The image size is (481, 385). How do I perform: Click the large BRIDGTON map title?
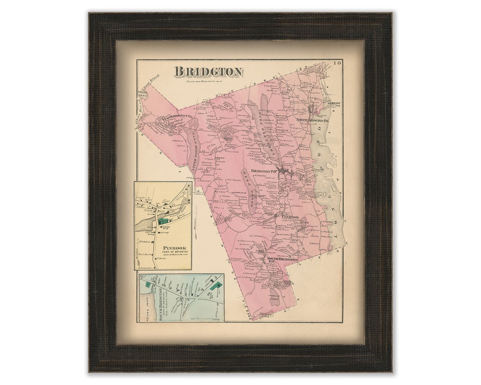tap(208, 71)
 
